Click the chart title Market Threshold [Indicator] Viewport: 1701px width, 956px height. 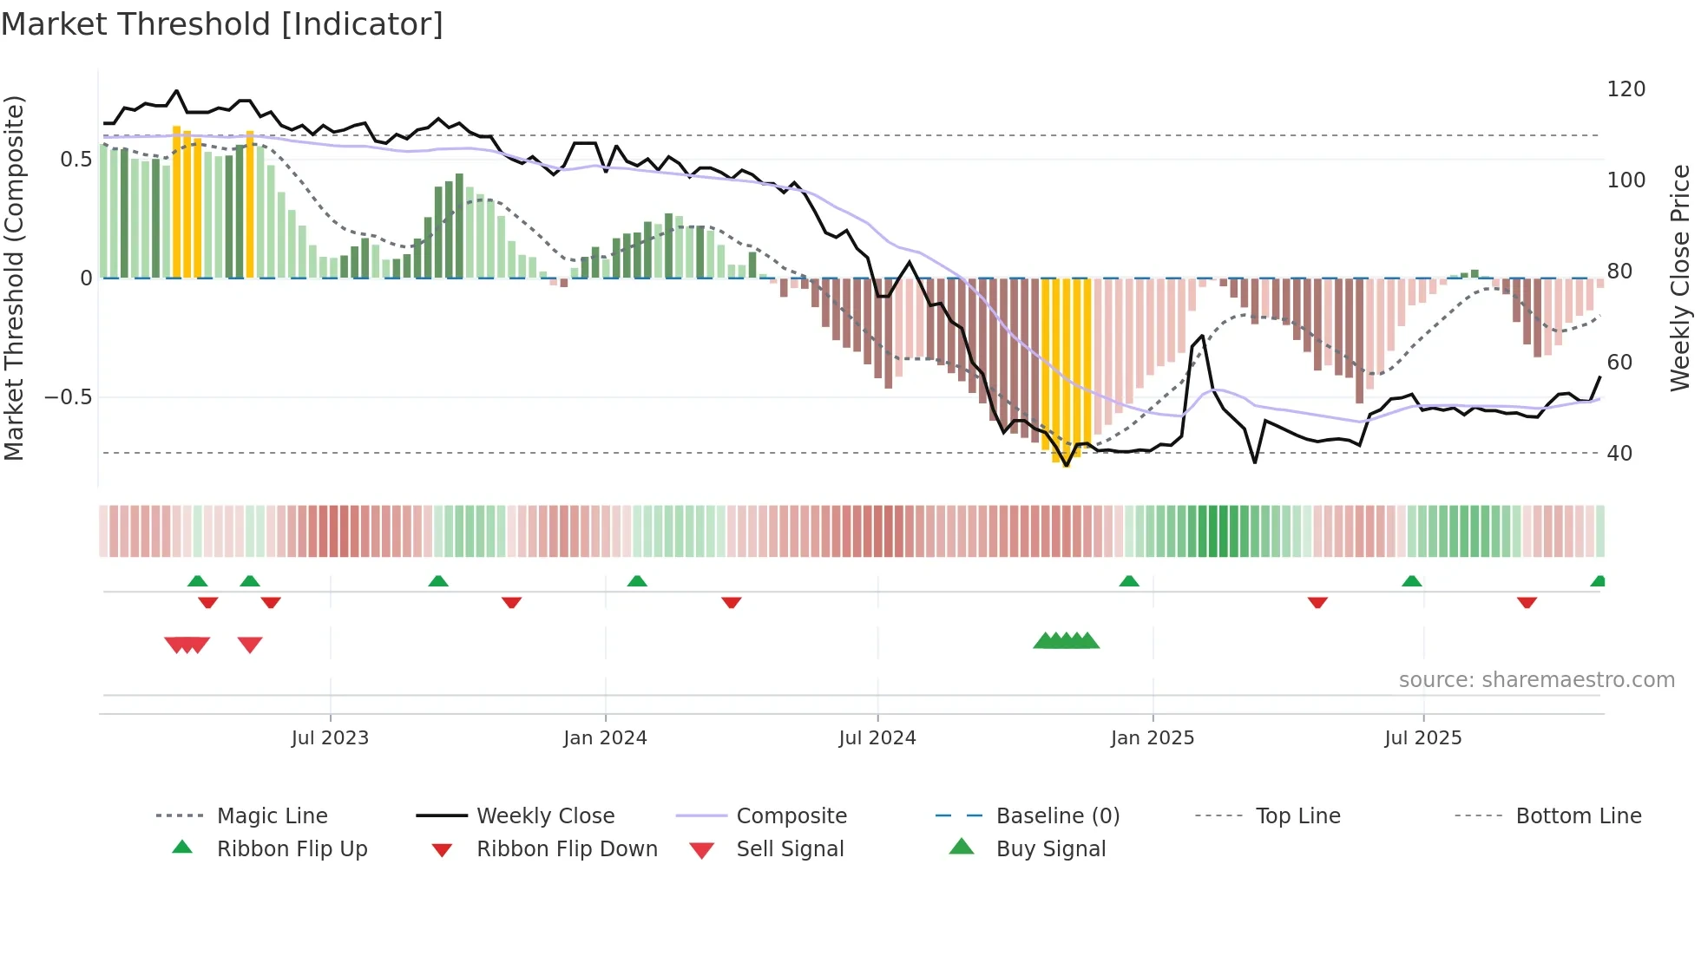coord(222,24)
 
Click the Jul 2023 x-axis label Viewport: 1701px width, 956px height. coord(330,738)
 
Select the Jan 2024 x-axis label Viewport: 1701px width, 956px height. coord(605,738)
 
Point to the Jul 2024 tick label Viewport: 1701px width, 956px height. coord(877,738)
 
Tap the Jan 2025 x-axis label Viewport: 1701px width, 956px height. coord(1153,738)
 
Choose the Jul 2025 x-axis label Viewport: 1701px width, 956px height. coord(1423,738)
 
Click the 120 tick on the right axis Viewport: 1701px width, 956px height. coord(1626,89)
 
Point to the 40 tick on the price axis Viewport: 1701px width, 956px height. coord(1619,454)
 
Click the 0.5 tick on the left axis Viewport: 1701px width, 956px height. coord(76,160)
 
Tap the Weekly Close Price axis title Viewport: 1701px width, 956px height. coord(1681,278)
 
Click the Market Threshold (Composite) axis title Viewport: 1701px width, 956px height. coord(15,278)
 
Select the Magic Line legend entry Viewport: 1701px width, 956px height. coord(272,816)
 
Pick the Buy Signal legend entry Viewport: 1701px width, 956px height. coord(1050,849)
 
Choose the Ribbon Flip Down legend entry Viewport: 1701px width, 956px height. coord(566,849)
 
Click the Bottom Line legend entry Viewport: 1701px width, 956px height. coord(1578,816)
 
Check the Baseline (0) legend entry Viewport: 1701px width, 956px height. coord(1057,816)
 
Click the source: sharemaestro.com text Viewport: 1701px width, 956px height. coord(1536,680)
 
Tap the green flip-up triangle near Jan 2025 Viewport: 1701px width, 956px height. coord(1129,581)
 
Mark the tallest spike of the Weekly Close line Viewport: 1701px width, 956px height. coord(176,90)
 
